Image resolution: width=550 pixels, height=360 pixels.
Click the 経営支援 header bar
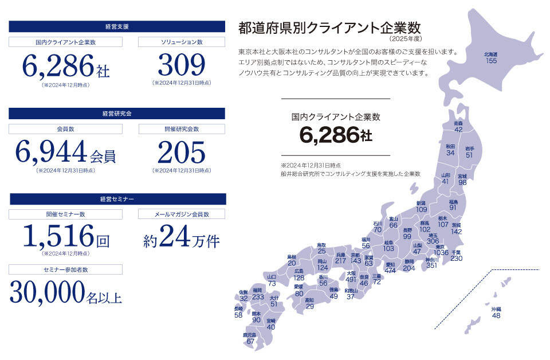pos(117,26)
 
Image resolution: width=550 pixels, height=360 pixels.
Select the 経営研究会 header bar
pos(117,113)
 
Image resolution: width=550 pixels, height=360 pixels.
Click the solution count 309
pos(181,65)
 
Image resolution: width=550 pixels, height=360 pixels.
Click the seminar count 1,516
pos(57,235)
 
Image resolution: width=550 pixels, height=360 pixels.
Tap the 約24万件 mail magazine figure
pos(181,236)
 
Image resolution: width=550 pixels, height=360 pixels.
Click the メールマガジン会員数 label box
pos(182,214)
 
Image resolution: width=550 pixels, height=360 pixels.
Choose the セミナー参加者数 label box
pos(65,269)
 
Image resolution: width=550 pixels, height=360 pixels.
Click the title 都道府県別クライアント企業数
pos(329,28)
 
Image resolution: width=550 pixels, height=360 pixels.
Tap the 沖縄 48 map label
pos(496,312)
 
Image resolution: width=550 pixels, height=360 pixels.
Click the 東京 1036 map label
pos(441,250)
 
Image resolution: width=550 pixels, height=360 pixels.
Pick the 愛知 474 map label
pos(390,268)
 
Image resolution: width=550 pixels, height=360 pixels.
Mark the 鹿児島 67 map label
pos(250,338)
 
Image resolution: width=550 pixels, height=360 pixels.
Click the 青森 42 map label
pos(458,127)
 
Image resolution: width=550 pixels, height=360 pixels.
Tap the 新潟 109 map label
pos(421,206)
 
